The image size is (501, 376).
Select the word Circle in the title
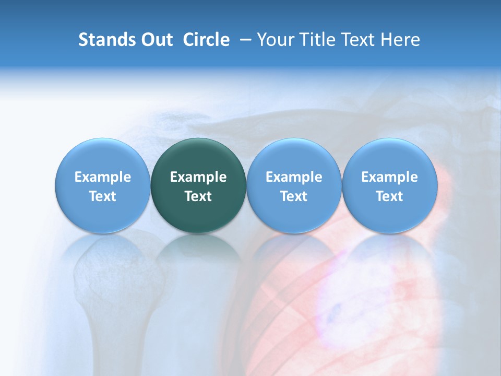coord(206,40)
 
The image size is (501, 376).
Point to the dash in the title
coord(243,40)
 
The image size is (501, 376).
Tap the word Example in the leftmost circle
coord(103,177)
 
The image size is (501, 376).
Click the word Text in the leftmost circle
coord(103,196)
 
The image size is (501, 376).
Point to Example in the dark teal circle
coord(198,177)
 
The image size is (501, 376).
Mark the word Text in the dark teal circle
coord(198,196)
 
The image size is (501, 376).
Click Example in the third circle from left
coord(294,177)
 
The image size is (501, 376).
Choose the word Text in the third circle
coord(294,196)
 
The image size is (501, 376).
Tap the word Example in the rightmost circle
coord(389,177)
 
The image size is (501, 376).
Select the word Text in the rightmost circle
coord(389,196)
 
